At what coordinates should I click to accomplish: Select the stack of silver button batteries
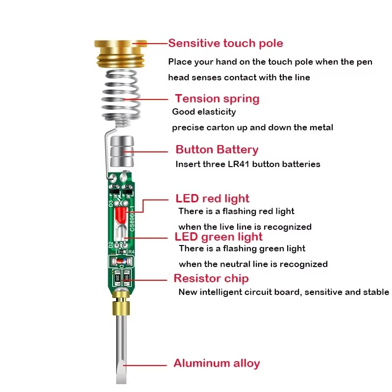tap(121, 151)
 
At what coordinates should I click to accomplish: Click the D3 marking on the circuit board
tap(111, 202)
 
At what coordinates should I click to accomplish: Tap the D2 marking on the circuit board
tap(111, 244)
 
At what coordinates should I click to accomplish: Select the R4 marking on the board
tap(130, 251)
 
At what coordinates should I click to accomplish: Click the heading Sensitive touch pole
tap(225, 43)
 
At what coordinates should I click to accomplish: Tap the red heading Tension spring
tap(217, 98)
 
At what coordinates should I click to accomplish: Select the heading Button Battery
tap(217, 149)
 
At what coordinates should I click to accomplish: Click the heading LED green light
tap(219, 237)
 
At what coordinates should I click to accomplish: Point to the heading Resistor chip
tap(211, 279)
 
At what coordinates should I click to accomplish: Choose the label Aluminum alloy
tap(217, 364)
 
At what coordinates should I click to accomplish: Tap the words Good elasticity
tap(204, 112)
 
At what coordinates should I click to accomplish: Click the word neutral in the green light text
tap(234, 264)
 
